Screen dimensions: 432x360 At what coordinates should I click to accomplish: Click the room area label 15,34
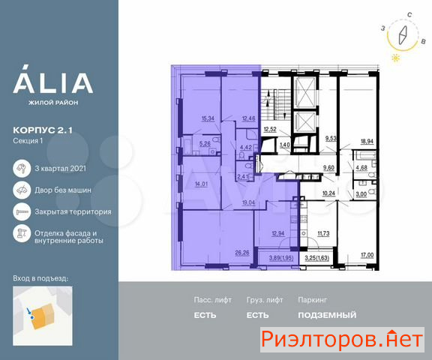coord(208,118)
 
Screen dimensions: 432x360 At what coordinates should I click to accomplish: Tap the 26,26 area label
coord(242,253)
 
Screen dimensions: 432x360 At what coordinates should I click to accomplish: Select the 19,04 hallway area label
coord(248,202)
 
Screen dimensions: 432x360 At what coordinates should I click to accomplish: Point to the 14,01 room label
coord(201,184)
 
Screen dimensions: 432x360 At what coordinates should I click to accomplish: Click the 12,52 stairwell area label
coord(270,129)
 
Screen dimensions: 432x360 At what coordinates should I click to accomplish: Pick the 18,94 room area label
coord(367,141)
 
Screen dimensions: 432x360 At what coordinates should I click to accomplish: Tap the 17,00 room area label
coord(367,255)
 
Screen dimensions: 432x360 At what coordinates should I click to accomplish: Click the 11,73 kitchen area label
coord(323,233)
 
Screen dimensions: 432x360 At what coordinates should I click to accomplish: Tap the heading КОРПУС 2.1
coord(43,130)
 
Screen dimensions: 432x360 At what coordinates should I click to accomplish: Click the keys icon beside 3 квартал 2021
coord(22,168)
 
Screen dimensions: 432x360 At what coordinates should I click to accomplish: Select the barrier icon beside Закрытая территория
coord(22,211)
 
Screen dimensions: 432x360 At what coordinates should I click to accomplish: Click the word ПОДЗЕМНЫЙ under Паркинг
coord(327,315)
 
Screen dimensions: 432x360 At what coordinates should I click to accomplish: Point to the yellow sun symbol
coord(396,58)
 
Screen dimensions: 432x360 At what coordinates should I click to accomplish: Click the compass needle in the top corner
coord(403,35)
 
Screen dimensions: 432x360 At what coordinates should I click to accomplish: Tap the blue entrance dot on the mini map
coord(32,317)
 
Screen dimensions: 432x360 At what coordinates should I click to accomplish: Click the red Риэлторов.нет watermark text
coord(342,339)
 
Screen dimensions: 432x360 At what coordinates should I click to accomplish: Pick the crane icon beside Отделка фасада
coord(22,233)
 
